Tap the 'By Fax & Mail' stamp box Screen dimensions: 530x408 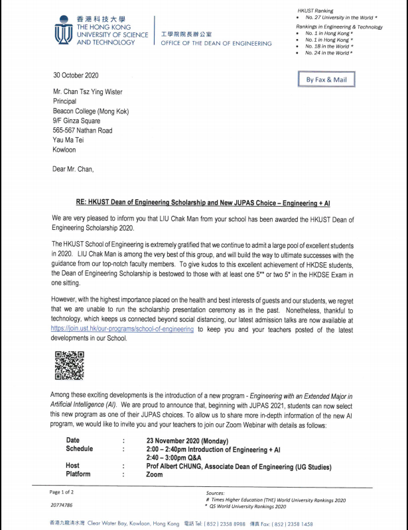coord(326,79)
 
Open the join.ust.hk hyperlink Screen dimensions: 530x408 coord(122,329)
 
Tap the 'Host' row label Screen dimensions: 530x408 coord(72,466)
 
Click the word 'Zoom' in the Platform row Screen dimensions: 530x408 coord(155,474)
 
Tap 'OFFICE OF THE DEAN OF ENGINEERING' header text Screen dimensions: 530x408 coord(216,43)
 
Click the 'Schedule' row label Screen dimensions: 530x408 coord(80,449)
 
